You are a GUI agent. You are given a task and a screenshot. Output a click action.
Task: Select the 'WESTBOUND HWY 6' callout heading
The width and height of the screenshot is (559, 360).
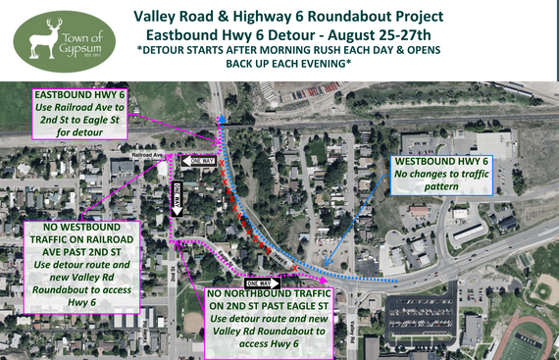click(440, 161)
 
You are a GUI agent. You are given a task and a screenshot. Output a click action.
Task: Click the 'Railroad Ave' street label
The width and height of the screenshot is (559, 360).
click(145, 154)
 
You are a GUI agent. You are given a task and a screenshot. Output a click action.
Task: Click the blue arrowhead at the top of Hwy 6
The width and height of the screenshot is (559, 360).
click(221, 115)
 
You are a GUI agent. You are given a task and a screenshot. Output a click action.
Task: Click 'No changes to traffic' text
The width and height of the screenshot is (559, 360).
click(440, 175)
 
